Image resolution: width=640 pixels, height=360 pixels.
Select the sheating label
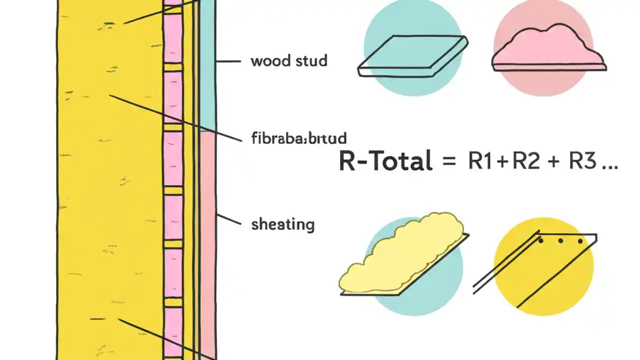(x=282, y=224)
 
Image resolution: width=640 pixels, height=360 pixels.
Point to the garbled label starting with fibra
(x=298, y=138)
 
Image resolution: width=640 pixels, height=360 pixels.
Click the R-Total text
(x=385, y=161)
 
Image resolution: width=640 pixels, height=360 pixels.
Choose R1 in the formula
(x=478, y=161)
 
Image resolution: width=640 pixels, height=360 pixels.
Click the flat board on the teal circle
(x=413, y=55)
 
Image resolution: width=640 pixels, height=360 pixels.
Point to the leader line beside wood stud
(x=228, y=61)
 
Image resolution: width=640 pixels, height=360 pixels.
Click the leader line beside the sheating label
(x=228, y=221)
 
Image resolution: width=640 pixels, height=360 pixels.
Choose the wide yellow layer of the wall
(x=110, y=180)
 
